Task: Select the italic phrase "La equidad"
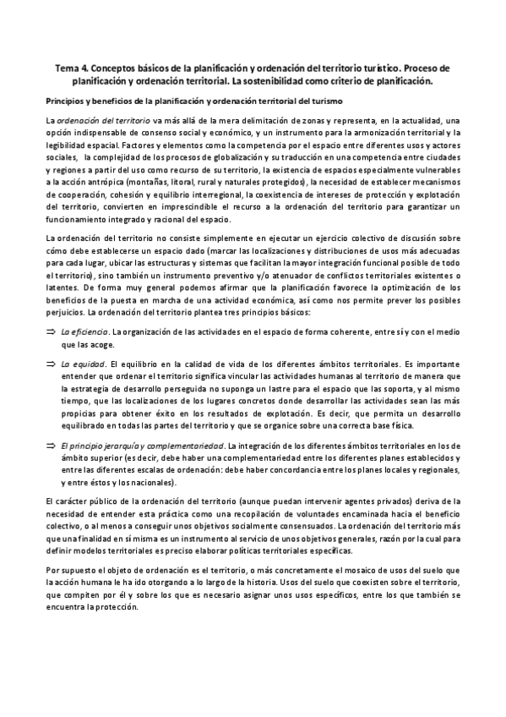[x=83, y=364]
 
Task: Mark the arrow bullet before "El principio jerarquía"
[x=51, y=445]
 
